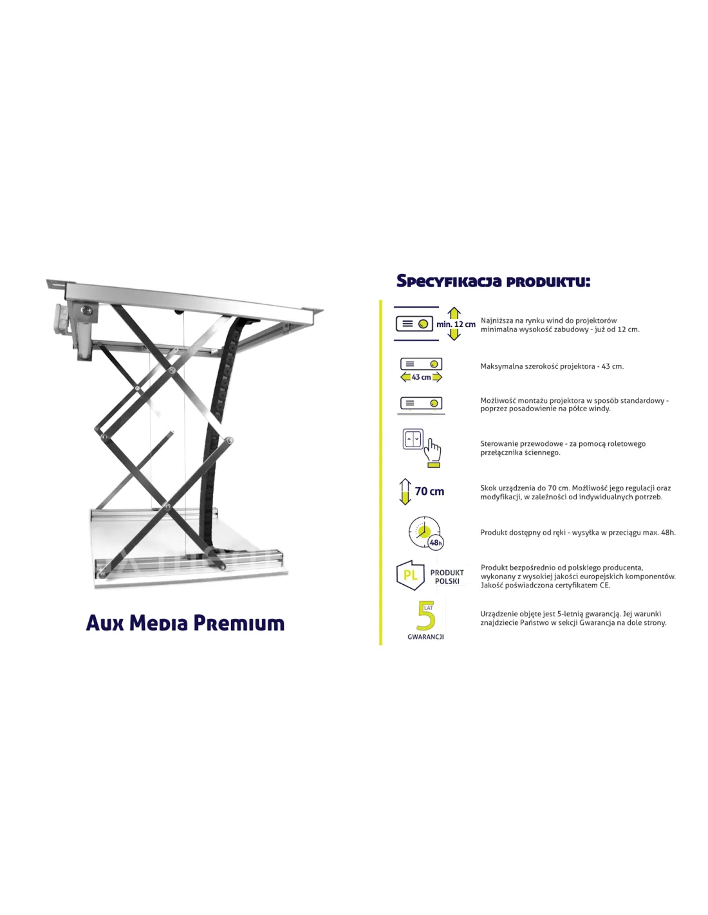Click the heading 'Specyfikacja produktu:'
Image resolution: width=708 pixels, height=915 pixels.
(x=493, y=281)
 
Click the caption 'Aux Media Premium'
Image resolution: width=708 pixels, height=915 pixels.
(x=185, y=624)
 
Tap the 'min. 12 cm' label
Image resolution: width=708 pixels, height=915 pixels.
(x=456, y=324)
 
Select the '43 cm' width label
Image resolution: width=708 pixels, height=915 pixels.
(x=421, y=377)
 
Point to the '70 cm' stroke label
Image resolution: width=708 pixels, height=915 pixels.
(x=429, y=491)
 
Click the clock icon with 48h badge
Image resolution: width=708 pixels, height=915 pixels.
(x=425, y=533)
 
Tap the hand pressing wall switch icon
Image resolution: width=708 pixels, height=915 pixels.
(x=422, y=448)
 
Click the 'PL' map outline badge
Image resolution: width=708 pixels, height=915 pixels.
(x=411, y=575)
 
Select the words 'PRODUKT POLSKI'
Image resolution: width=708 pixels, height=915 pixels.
(x=447, y=577)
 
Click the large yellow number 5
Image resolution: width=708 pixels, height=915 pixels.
(x=426, y=616)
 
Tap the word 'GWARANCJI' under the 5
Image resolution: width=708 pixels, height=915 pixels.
(x=425, y=637)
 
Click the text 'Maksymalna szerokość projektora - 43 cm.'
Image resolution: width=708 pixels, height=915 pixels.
(x=552, y=366)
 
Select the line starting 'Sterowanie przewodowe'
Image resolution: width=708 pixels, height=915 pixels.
(x=563, y=443)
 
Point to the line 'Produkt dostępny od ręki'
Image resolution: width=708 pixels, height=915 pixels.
(x=578, y=532)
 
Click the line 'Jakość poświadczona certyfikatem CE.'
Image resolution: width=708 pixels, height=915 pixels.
(x=545, y=586)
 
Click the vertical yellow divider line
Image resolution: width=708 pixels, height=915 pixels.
(x=381, y=472)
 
